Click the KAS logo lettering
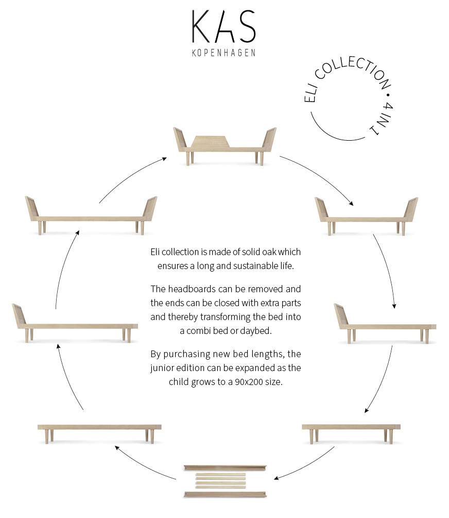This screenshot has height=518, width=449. pyautogui.click(x=224, y=26)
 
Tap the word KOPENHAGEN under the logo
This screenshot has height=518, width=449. pyautogui.click(x=224, y=53)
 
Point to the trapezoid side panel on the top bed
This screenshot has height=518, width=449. pyautogui.click(x=210, y=142)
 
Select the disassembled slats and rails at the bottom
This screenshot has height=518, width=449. pyautogui.click(x=225, y=481)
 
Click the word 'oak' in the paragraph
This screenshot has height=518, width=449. pyautogui.click(x=269, y=252)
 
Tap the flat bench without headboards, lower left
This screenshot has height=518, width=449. pyautogui.click(x=99, y=434)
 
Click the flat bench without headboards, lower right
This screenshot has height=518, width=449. pyautogui.click(x=351, y=434)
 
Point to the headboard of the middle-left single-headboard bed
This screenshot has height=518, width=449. pyautogui.click(x=19, y=315)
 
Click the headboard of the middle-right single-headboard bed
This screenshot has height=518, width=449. pyautogui.click(x=341, y=316)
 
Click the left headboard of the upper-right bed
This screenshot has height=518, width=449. pyautogui.click(x=322, y=209)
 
